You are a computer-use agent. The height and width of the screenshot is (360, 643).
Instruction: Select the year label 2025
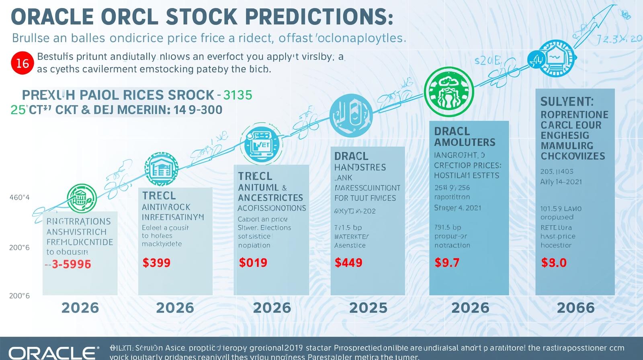click(x=368, y=308)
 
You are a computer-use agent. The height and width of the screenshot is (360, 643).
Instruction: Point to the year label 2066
click(x=575, y=308)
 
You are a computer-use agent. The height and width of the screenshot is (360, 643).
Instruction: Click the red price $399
click(x=156, y=263)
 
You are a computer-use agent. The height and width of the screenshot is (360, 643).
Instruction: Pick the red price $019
click(x=253, y=263)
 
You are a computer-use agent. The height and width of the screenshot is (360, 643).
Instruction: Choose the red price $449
click(x=348, y=263)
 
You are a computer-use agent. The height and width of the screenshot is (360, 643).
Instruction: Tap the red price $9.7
click(x=447, y=263)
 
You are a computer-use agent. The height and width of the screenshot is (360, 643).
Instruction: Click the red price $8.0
click(x=554, y=263)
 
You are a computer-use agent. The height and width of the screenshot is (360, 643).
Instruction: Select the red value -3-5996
click(x=68, y=264)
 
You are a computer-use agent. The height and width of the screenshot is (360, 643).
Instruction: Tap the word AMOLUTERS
click(x=465, y=142)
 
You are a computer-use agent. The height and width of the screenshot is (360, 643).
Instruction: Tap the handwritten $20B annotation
click(x=487, y=61)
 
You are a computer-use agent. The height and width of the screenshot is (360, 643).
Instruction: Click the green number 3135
click(x=238, y=95)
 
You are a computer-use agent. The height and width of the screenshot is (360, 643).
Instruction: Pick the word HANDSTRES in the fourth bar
click(x=360, y=167)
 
